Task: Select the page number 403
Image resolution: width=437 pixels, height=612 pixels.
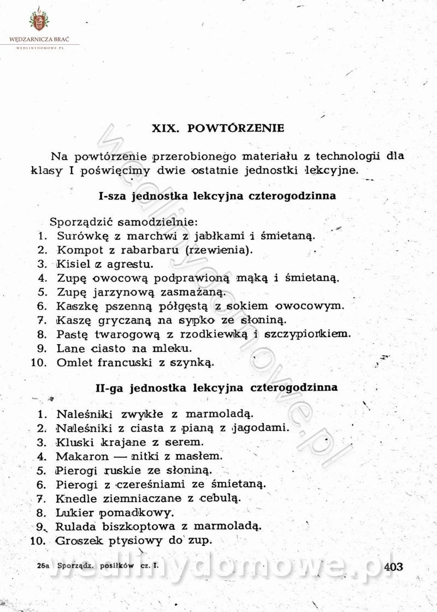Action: coord(393,567)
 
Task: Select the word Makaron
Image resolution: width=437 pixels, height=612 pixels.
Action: coord(80,455)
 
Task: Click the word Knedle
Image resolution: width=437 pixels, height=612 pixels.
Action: coord(76,498)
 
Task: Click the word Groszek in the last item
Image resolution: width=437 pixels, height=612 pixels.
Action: coord(79,541)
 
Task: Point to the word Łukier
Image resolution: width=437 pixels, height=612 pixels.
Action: coord(75,513)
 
